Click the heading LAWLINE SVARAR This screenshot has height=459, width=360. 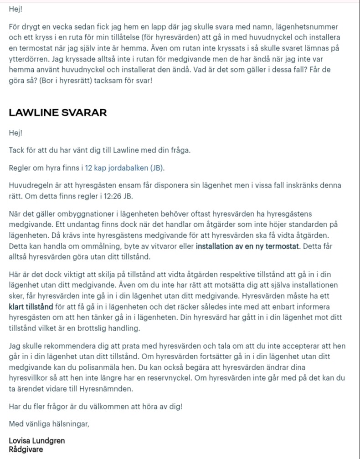58,112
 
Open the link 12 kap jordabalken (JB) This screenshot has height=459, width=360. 124,168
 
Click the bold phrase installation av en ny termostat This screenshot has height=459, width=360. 246,247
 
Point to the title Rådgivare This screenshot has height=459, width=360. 26,449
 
